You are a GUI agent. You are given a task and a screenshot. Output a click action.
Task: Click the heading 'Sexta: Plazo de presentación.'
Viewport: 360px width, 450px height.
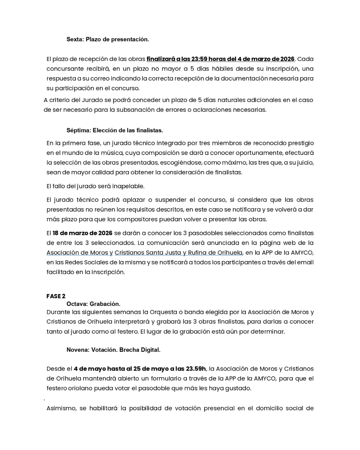tap(108, 39)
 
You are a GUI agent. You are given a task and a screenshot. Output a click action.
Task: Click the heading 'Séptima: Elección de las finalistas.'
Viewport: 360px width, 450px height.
tap(115, 130)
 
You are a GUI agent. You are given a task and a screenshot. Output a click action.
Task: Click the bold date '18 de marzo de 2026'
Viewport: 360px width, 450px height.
tap(83, 233)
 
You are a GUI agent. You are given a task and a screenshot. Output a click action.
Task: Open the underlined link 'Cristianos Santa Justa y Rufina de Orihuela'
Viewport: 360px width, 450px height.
tap(178, 252)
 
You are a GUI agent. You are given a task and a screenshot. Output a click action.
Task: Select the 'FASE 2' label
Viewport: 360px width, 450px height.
tap(56, 296)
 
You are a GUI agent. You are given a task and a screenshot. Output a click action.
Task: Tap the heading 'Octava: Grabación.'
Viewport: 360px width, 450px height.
tap(93, 304)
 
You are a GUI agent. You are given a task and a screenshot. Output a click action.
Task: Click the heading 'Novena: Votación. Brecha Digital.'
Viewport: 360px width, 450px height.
tap(113, 350)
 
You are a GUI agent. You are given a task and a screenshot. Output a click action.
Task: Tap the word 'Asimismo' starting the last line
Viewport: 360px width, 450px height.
tap(61, 408)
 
